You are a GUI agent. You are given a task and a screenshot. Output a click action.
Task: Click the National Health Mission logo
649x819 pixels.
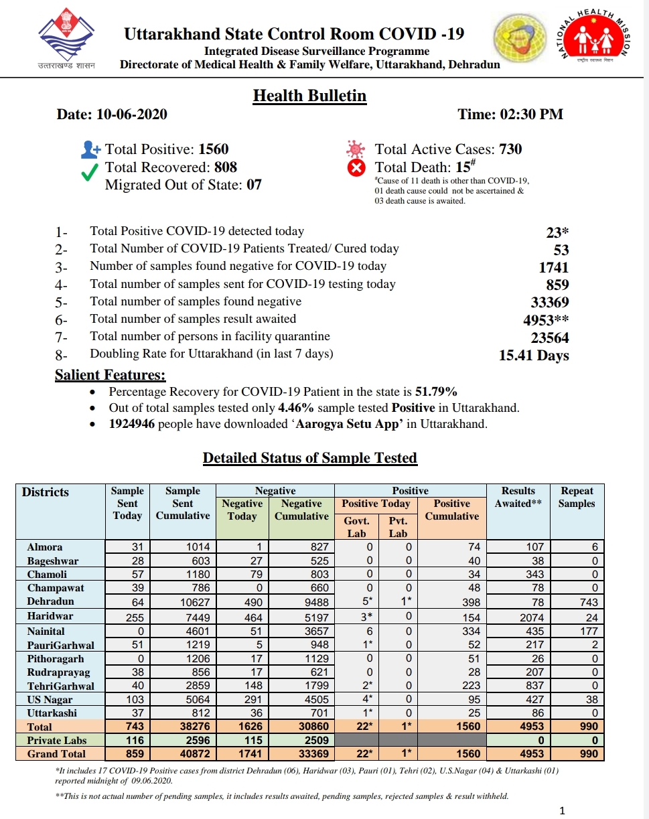coord(592,42)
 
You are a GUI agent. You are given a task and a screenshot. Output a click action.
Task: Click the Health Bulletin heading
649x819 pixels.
coord(309,96)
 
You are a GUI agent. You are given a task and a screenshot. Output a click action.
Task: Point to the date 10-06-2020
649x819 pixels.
coord(131,115)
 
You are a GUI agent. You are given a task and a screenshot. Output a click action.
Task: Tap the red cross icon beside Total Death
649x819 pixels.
coord(357,168)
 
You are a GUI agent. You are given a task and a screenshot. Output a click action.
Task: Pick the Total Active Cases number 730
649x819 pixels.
coord(510,149)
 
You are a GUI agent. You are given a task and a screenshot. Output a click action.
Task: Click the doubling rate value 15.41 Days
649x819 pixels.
coord(534,355)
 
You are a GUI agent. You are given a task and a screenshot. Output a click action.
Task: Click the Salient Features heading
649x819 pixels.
coord(110,376)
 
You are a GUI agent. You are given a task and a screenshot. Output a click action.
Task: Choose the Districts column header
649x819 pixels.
coord(46,492)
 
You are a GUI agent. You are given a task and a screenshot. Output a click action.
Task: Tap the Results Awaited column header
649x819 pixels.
coord(518,497)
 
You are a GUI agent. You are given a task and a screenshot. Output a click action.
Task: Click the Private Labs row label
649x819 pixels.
coord(56,740)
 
